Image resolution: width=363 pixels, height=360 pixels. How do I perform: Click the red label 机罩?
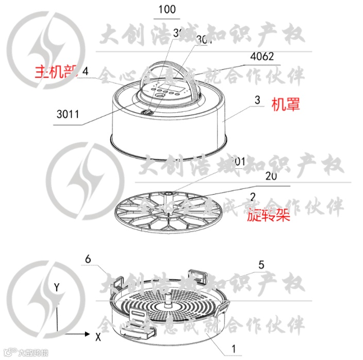point(286,105)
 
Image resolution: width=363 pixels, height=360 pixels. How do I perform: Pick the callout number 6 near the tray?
point(88,260)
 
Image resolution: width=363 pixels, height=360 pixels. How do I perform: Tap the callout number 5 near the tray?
point(261,265)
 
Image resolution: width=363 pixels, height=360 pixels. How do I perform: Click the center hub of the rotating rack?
point(168,198)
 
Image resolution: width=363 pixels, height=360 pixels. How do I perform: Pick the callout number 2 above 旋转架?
point(253,196)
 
